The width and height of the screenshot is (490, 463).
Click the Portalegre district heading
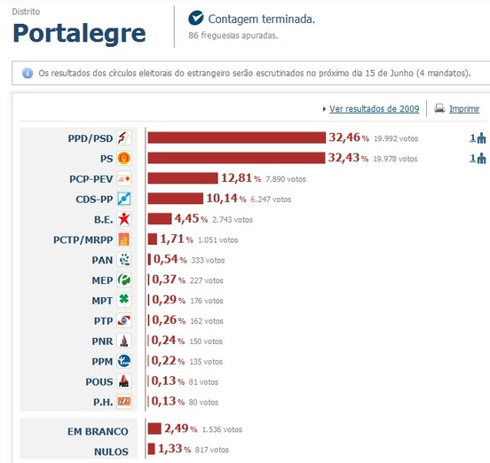click(x=79, y=33)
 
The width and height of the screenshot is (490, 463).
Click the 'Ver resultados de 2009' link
click(x=374, y=109)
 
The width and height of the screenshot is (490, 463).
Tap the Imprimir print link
click(x=463, y=109)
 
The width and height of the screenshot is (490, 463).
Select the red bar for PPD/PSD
click(x=237, y=137)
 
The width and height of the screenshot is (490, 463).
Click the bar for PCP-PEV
click(x=183, y=178)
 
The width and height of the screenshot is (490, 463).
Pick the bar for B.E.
click(x=159, y=219)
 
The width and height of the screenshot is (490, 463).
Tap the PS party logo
click(x=125, y=158)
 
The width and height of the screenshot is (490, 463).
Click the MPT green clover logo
click(x=125, y=300)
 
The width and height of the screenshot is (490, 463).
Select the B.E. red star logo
click(x=125, y=219)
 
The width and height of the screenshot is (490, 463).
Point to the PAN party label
click(x=102, y=260)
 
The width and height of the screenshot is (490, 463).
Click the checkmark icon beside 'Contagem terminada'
click(x=196, y=18)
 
